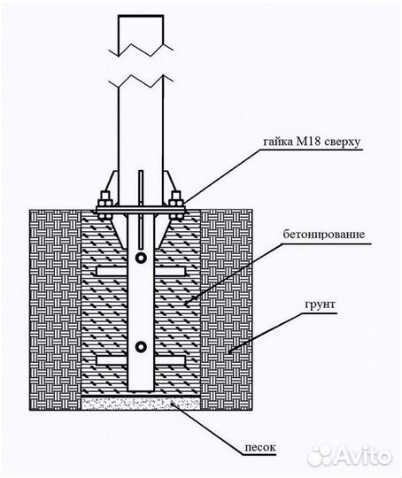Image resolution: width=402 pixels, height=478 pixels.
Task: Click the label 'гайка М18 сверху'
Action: coord(312,142)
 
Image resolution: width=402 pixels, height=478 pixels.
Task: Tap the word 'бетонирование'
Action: coord(323,235)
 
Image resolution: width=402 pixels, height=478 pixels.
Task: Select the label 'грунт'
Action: coord(320,305)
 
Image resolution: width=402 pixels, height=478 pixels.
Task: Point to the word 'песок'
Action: coord(260,448)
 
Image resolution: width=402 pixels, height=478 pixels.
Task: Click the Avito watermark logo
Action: coord(349,456)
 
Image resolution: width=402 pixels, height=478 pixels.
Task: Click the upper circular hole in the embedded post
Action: coord(141,258)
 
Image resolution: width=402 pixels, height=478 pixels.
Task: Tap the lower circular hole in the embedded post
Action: coord(141,347)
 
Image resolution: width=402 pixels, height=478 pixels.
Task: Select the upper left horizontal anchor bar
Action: coord(112,271)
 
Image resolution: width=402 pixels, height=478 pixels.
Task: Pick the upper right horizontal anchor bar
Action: coord(170,271)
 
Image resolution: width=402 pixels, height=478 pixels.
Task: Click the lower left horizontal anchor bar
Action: coord(112,360)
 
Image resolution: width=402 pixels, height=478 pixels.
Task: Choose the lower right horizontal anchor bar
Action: coord(170,360)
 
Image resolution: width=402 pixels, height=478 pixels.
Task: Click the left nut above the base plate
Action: coord(104,200)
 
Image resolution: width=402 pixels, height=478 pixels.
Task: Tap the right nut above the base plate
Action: coord(176,200)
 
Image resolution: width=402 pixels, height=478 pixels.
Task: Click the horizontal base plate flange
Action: coord(141,210)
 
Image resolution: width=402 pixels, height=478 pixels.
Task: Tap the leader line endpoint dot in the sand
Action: coord(173,404)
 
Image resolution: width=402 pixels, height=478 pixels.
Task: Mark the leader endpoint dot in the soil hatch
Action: coord(230,352)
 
